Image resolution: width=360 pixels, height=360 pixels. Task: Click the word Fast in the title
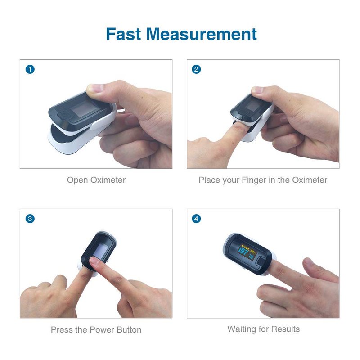123,34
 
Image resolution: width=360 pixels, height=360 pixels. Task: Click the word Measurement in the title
201,34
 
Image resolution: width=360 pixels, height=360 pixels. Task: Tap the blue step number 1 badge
30,69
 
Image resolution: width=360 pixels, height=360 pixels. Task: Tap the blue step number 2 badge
196,69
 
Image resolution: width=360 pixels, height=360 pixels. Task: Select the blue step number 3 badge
30,219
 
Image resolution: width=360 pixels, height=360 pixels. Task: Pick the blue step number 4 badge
196,219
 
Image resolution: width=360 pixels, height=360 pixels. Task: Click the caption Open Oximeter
96,180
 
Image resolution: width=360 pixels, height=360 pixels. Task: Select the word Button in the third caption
129,330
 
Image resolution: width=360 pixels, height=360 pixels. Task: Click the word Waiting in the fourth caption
242,329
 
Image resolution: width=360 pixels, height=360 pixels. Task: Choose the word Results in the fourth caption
285,329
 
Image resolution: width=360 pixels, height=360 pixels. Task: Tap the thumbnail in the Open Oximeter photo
94,88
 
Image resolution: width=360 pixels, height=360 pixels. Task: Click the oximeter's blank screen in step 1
83,108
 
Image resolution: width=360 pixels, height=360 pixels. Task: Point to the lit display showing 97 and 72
247,252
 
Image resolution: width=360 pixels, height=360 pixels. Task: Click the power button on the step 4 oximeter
262,262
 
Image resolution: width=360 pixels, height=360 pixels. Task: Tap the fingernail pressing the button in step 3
94,261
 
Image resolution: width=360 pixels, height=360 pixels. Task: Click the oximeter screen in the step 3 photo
101,250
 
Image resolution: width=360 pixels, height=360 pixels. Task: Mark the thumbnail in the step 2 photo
257,90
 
